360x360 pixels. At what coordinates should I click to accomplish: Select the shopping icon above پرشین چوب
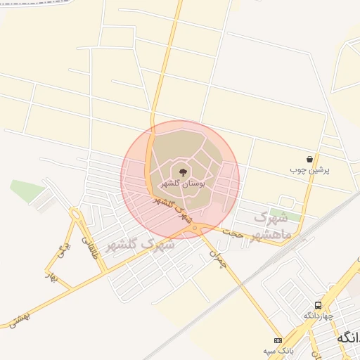tap(309, 160)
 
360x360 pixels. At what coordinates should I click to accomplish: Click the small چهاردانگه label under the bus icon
tap(317, 316)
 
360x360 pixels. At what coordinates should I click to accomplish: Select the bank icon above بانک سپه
tap(278, 340)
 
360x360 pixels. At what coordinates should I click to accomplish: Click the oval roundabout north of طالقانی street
tap(75, 214)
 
